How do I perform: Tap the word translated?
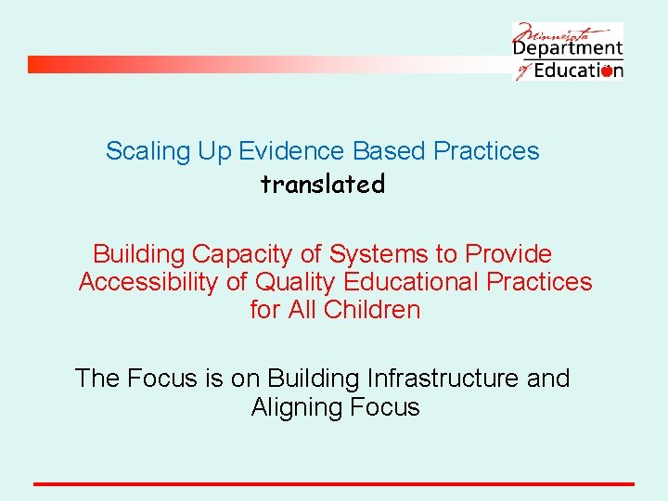pyautogui.click(x=322, y=185)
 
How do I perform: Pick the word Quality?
pyautogui.click(x=296, y=282)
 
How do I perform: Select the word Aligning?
pyautogui.click(x=296, y=407)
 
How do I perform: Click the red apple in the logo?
pyautogui.click(x=607, y=71)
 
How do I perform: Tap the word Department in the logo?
pyautogui.click(x=568, y=48)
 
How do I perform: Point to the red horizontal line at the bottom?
pyautogui.click(x=334, y=484)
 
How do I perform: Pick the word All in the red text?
pyautogui.click(x=302, y=310)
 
